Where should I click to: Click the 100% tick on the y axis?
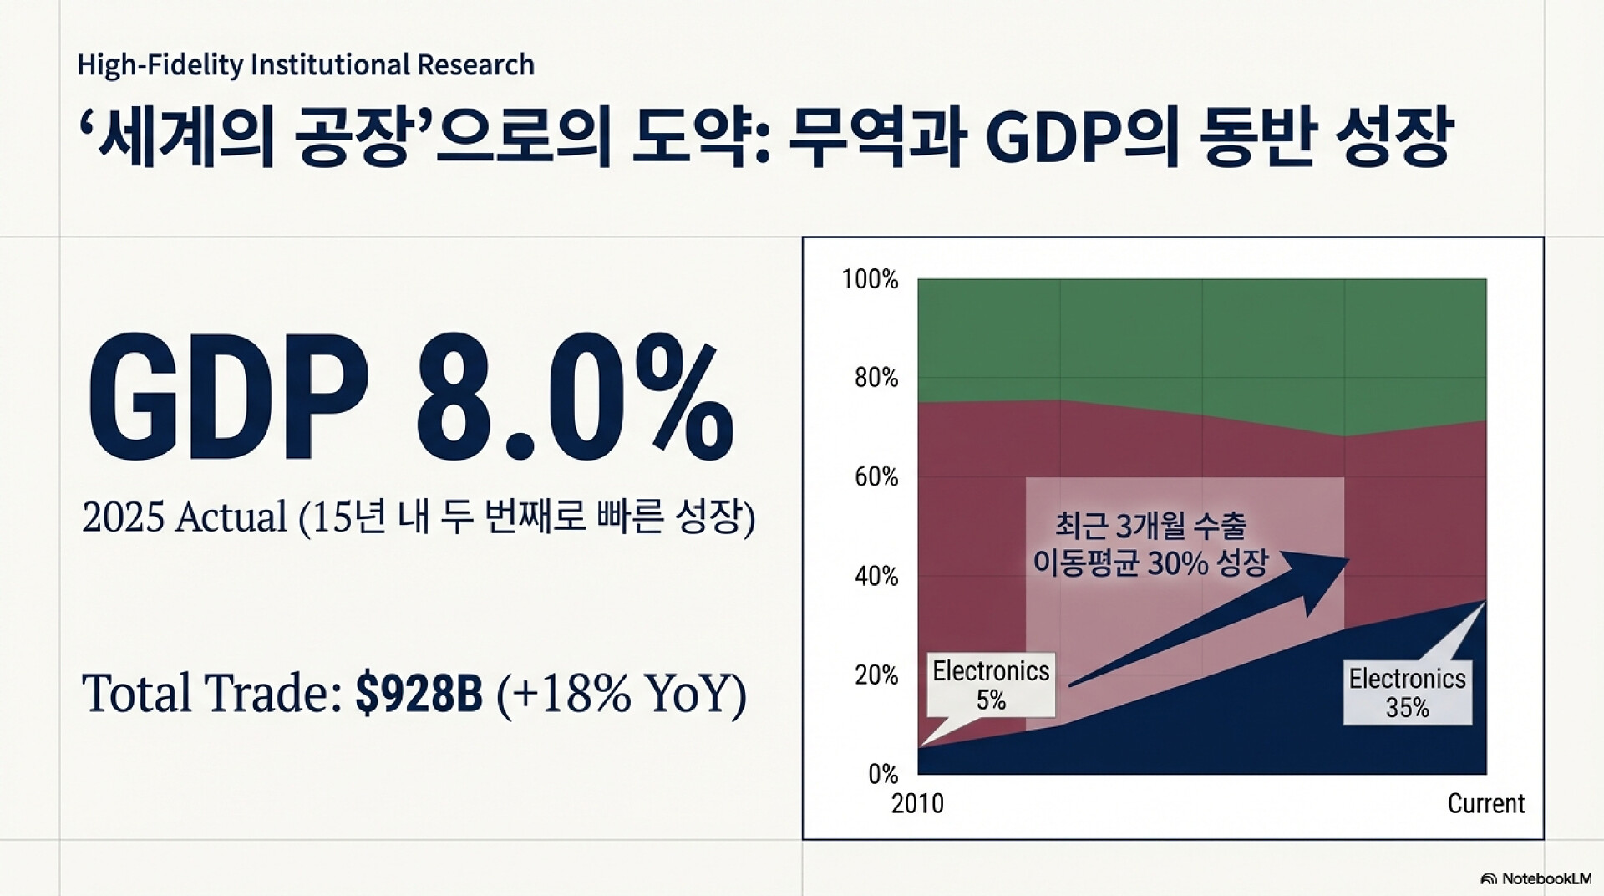pyautogui.click(x=870, y=279)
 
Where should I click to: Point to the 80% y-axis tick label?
pyautogui.click(x=876, y=379)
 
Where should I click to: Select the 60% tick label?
pyautogui.click(x=876, y=477)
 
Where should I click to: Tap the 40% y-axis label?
pyautogui.click(x=876, y=576)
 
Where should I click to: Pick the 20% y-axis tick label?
pyautogui.click(x=876, y=675)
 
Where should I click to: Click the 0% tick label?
pyautogui.click(x=882, y=774)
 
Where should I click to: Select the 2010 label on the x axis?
pyautogui.click(x=917, y=804)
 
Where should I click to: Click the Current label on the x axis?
pyautogui.click(x=1485, y=804)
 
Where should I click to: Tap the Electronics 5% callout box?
pyautogui.click(x=991, y=685)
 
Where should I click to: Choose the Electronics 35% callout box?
pyautogui.click(x=1407, y=693)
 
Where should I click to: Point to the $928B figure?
pyautogui.click(x=419, y=693)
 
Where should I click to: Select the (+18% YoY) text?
pyautogui.click(x=621, y=693)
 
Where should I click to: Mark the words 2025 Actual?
pyautogui.click(x=185, y=517)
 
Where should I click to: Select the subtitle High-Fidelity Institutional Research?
pyautogui.click(x=306, y=65)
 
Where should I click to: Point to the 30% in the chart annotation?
pyautogui.click(x=1177, y=563)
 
